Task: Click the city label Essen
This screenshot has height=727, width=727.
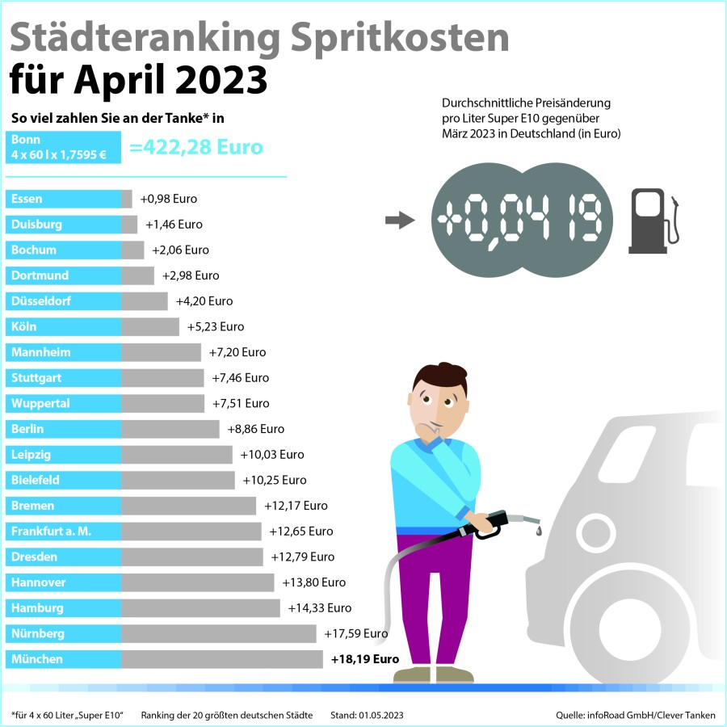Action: (x=27, y=199)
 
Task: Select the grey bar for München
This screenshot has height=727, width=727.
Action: (x=221, y=659)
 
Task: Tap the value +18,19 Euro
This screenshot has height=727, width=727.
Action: (x=365, y=659)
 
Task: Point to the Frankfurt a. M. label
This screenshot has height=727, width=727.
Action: (x=52, y=532)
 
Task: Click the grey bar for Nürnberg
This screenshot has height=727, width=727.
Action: (x=218, y=634)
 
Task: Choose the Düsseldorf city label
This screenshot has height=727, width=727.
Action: (x=40, y=301)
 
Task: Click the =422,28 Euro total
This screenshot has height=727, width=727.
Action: (x=196, y=148)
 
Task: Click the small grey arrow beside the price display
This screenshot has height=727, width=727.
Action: (x=399, y=221)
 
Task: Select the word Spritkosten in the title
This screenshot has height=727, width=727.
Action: (x=397, y=38)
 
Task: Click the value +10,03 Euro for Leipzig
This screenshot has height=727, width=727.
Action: (x=272, y=455)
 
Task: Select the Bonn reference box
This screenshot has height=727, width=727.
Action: (x=63, y=147)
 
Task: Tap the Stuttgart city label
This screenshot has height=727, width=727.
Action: (x=38, y=378)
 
